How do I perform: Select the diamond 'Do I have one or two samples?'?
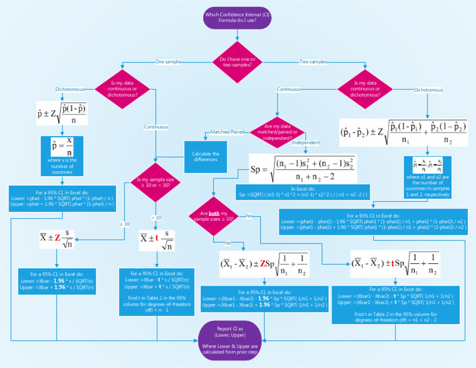(237, 62)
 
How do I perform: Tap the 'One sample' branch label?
(167, 62)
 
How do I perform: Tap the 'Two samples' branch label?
(313, 62)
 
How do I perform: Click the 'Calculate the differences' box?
(206, 157)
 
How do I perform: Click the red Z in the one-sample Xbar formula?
(57, 238)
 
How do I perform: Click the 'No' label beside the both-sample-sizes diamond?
(249, 216)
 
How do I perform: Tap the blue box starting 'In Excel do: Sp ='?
(303, 191)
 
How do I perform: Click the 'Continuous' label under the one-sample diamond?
(156, 127)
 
